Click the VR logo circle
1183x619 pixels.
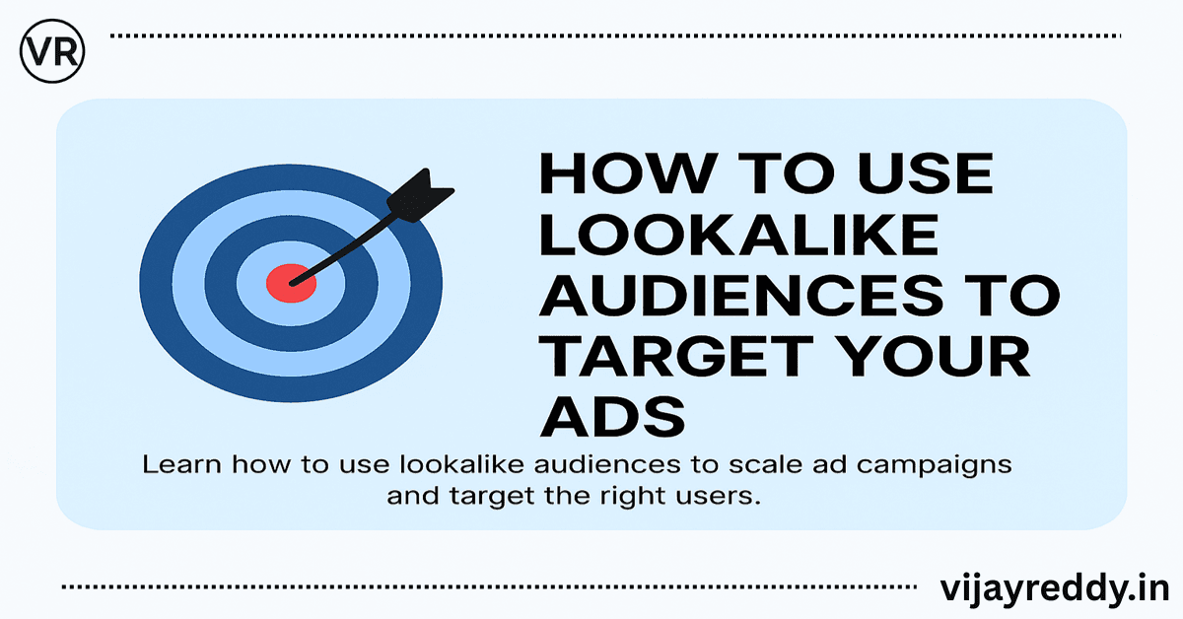[52, 49]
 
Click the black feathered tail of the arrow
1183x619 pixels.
[419, 192]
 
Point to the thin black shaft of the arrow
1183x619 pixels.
[345, 246]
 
